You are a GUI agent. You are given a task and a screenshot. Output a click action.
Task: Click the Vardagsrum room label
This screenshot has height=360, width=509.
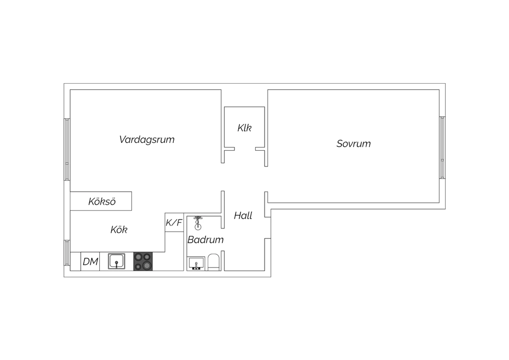(147, 140)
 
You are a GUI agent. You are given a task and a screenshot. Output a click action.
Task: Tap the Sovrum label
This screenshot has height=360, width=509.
(354, 144)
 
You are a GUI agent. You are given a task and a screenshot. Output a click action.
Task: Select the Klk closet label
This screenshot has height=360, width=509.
(245, 128)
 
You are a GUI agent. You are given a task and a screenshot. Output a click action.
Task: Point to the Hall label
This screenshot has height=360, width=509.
(243, 215)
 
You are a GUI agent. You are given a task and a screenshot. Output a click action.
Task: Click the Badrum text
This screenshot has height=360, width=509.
(205, 240)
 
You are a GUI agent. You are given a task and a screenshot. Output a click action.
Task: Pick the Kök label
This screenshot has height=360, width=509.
(119, 230)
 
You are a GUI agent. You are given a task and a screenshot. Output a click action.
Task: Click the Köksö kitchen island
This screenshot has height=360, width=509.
(101, 201)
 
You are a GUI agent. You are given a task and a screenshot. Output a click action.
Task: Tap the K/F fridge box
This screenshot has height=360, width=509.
(174, 222)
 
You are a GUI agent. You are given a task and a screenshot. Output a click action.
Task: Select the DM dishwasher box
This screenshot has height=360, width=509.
(90, 262)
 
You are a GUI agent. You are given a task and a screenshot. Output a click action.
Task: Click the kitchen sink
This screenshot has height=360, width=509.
(117, 261)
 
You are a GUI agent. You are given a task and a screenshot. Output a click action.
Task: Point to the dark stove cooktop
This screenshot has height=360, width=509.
(143, 262)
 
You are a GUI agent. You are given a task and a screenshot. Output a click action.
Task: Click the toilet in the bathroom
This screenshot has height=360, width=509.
(213, 263)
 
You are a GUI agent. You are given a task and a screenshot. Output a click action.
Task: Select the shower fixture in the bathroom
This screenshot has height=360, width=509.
(198, 223)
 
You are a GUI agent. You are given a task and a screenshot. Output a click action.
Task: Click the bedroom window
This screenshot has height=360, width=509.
(442, 148)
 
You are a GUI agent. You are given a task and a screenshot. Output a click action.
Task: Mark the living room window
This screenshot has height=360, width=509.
(67, 149)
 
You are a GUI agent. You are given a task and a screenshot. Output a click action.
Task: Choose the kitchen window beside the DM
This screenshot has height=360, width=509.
(67, 253)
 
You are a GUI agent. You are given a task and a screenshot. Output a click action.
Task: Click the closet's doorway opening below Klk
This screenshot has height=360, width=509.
(245, 149)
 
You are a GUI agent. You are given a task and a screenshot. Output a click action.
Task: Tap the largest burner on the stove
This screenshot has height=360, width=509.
(147, 265)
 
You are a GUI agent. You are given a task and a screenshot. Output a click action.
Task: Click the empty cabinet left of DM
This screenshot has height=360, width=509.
(75, 262)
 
